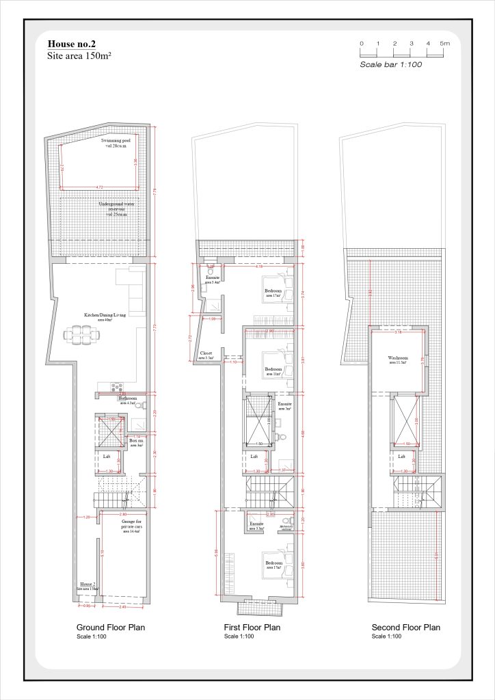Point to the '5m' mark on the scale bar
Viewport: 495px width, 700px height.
click(445, 44)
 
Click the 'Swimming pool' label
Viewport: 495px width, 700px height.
click(116, 141)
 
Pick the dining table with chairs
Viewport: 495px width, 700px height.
click(81, 334)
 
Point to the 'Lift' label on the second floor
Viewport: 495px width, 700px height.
click(402, 456)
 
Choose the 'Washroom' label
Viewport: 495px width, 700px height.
click(397, 358)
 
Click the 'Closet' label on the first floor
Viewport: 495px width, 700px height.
click(206, 353)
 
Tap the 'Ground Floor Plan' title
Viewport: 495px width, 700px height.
click(110, 627)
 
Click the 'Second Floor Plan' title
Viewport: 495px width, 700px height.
click(405, 627)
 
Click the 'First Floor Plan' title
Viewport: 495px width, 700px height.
click(252, 627)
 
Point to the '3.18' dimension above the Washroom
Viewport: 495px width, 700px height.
click(398, 332)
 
